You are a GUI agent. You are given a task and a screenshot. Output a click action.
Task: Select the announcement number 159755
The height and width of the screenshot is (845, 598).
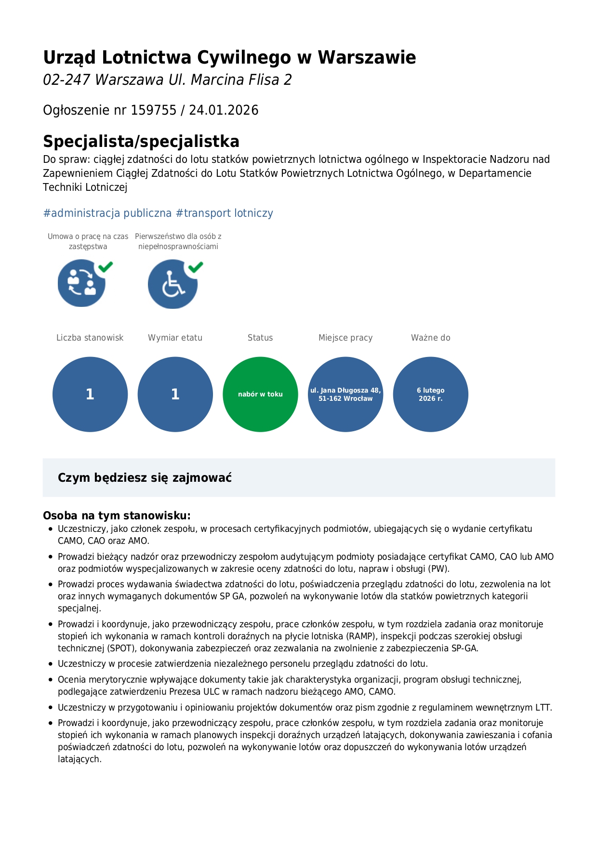pyautogui.click(x=154, y=110)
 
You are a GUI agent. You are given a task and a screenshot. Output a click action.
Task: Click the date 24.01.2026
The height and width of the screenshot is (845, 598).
pyautogui.click(x=224, y=110)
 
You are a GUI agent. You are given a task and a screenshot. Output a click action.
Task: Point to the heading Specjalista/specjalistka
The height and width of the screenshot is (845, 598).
pyautogui.click(x=141, y=142)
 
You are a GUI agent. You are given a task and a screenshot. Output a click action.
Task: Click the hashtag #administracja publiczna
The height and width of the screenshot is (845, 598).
pyautogui.click(x=107, y=213)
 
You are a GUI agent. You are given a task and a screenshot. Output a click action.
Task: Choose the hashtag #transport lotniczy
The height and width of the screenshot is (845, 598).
pyautogui.click(x=225, y=213)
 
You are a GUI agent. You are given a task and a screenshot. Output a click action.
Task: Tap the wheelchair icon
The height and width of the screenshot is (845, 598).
pyautogui.click(x=173, y=284)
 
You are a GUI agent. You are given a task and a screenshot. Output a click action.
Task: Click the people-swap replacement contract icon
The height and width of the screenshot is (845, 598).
pyautogui.click(x=81, y=283)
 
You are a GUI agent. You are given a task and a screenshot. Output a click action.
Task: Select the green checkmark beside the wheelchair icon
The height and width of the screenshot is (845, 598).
pyautogui.click(x=196, y=267)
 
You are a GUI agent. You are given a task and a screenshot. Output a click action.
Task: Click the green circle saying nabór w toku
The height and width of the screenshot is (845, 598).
pyautogui.click(x=260, y=394)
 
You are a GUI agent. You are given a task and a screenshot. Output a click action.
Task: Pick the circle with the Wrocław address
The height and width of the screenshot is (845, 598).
pyautogui.click(x=346, y=394)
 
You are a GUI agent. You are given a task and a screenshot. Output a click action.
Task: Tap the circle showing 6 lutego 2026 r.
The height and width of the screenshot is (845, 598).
pyautogui.click(x=430, y=394)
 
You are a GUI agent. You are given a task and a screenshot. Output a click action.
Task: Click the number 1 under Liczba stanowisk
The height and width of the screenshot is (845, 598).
pyautogui.click(x=90, y=394)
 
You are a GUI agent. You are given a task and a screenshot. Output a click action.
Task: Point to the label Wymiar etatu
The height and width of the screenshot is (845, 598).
pyautogui.click(x=175, y=338)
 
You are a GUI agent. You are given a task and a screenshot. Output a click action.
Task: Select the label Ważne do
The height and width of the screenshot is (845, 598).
pyautogui.click(x=430, y=338)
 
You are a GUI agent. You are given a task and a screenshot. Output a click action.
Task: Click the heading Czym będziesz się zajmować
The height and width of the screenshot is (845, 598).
pyautogui.click(x=145, y=478)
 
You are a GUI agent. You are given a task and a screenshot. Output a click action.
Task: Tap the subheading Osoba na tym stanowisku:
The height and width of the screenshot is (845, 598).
pyautogui.click(x=117, y=515)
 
